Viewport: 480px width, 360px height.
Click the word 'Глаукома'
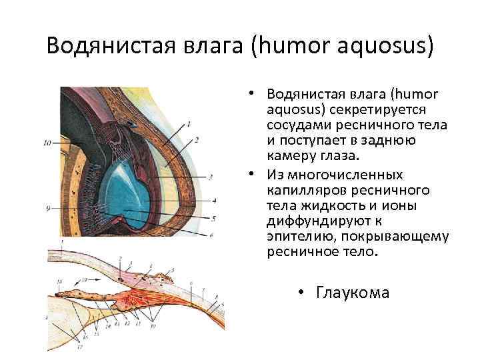click(353, 292)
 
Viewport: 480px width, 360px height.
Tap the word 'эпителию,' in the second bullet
click(299, 237)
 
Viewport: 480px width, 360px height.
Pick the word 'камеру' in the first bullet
click(291, 155)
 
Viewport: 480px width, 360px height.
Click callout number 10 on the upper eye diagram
click(47, 143)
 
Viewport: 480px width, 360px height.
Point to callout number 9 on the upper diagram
click(48, 209)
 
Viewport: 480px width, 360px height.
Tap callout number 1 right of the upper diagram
click(189, 123)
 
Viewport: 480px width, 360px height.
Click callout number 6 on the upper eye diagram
click(211, 235)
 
